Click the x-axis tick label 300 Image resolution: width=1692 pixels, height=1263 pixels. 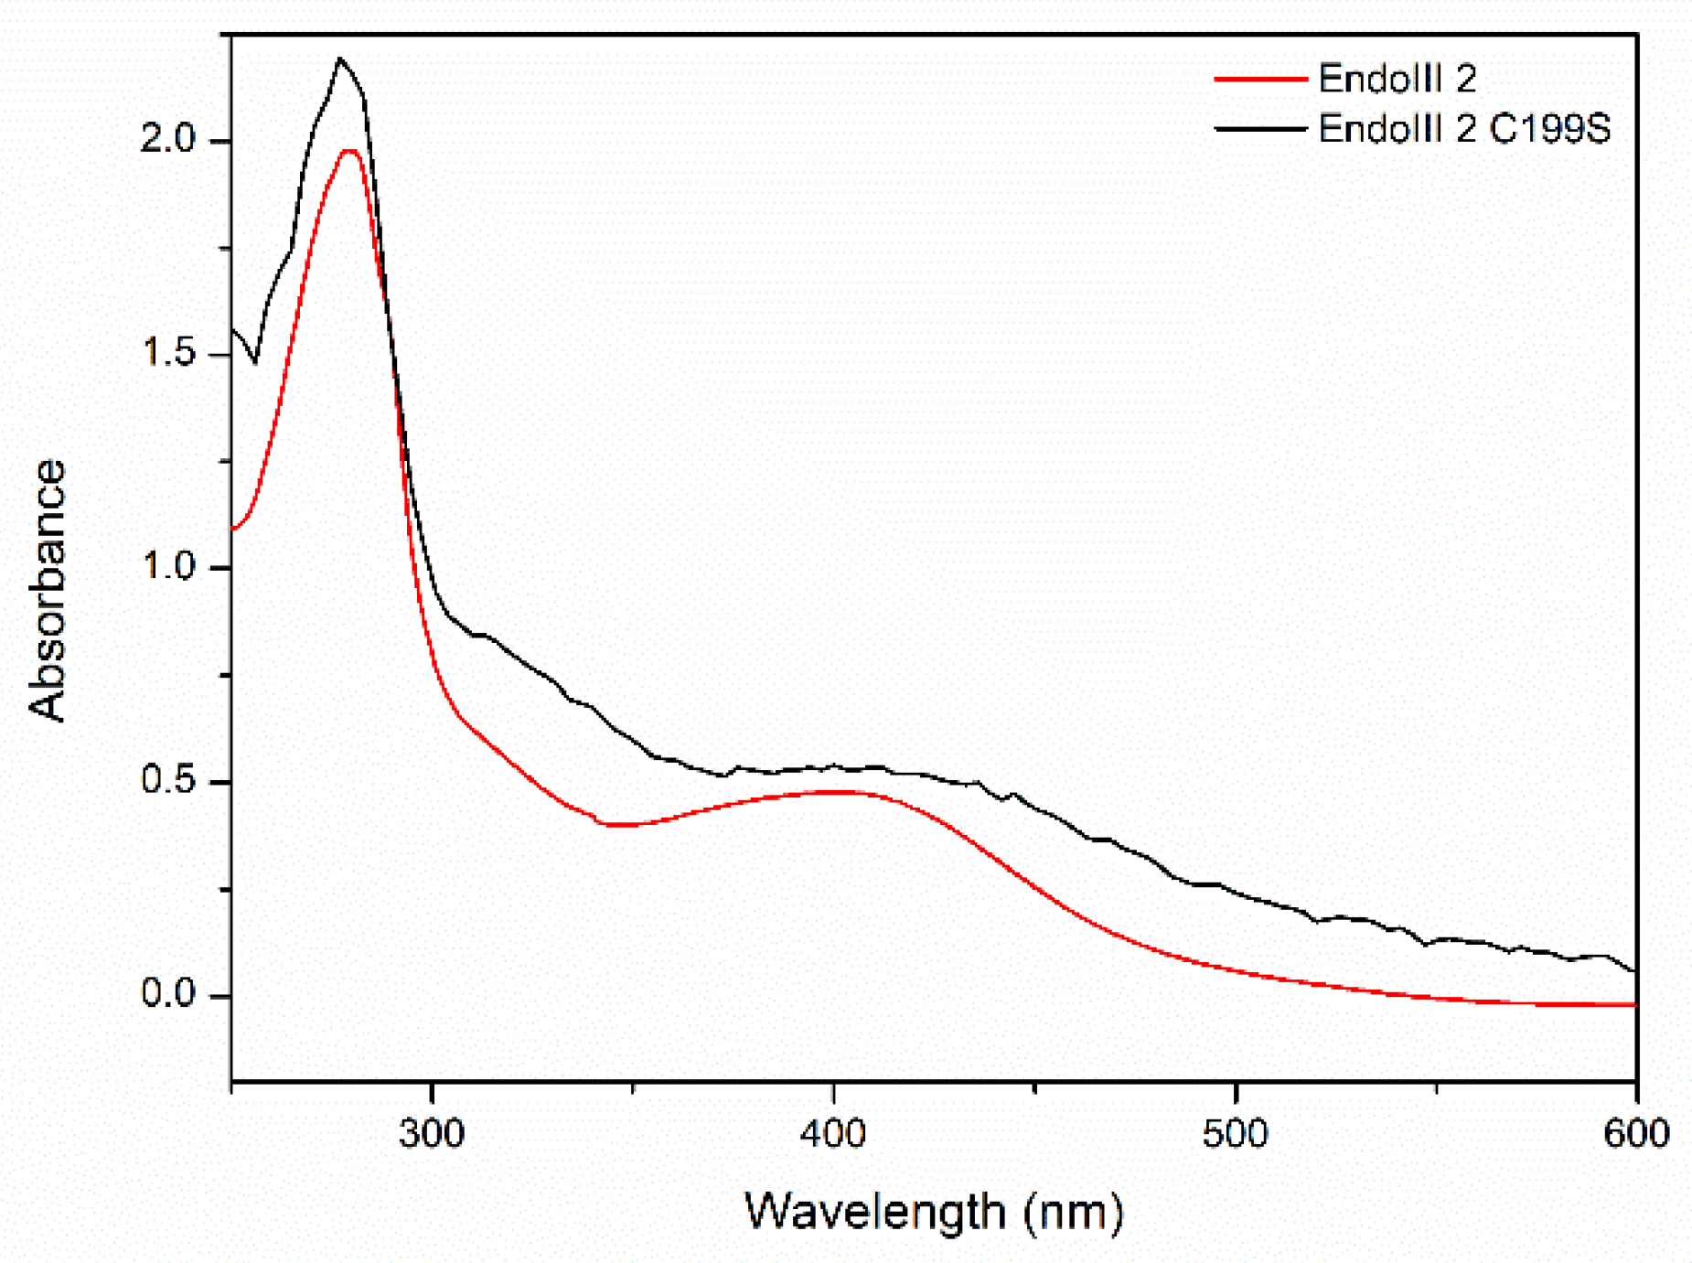pos(432,1134)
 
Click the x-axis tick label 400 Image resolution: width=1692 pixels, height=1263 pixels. pos(832,1134)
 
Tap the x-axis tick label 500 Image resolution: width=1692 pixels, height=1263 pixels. pos(1235,1134)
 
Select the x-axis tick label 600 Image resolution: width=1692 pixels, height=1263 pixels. pos(1636,1134)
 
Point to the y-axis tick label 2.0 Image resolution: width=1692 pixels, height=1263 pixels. pos(168,139)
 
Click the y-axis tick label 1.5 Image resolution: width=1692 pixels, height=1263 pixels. pos(168,353)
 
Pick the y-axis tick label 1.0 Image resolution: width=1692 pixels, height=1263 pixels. pos(168,567)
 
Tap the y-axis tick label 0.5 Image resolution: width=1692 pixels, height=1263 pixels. pos(168,781)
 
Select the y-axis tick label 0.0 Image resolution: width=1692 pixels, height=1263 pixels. pos(168,994)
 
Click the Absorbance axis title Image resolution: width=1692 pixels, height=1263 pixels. pos(48,590)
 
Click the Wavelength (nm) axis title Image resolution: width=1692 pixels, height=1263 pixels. pos(933,1212)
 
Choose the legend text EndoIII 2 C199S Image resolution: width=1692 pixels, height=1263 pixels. pos(1463,129)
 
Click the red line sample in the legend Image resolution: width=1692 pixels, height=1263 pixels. pos(1260,80)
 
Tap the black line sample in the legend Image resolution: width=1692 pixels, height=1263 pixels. pos(1260,129)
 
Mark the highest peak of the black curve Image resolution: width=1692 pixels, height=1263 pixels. pos(340,59)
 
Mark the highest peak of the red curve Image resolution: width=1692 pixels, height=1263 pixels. pos(349,151)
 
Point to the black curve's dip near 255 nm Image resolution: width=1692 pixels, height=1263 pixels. pos(255,362)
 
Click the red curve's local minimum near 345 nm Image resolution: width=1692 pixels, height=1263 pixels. pos(615,825)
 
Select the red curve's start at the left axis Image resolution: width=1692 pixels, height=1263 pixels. pos(234,529)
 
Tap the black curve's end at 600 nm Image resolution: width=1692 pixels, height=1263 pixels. pos(1633,970)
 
